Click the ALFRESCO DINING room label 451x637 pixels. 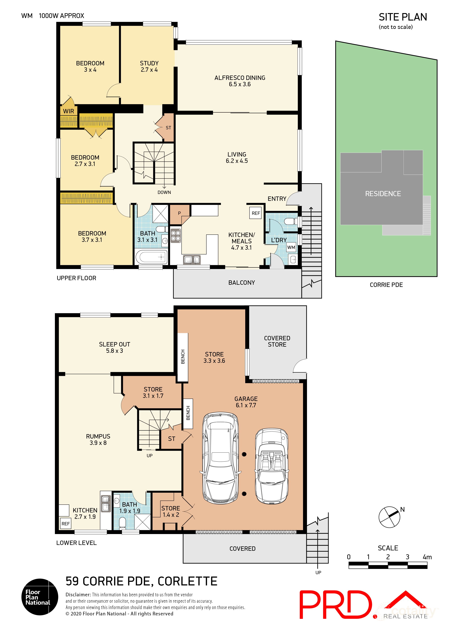click(240, 81)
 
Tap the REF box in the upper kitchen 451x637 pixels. click(255, 213)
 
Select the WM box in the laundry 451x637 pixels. click(291, 247)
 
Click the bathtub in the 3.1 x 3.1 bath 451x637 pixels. click(151, 257)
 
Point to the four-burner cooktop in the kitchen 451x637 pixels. click(176, 235)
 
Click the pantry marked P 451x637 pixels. click(179, 214)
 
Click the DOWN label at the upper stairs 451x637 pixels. click(164, 192)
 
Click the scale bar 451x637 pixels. click(388, 565)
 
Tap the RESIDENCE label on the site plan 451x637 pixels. click(383, 194)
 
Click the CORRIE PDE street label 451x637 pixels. click(386, 285)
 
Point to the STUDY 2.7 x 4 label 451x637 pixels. click(149, 66)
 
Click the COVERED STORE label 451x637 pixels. click(277, 341)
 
